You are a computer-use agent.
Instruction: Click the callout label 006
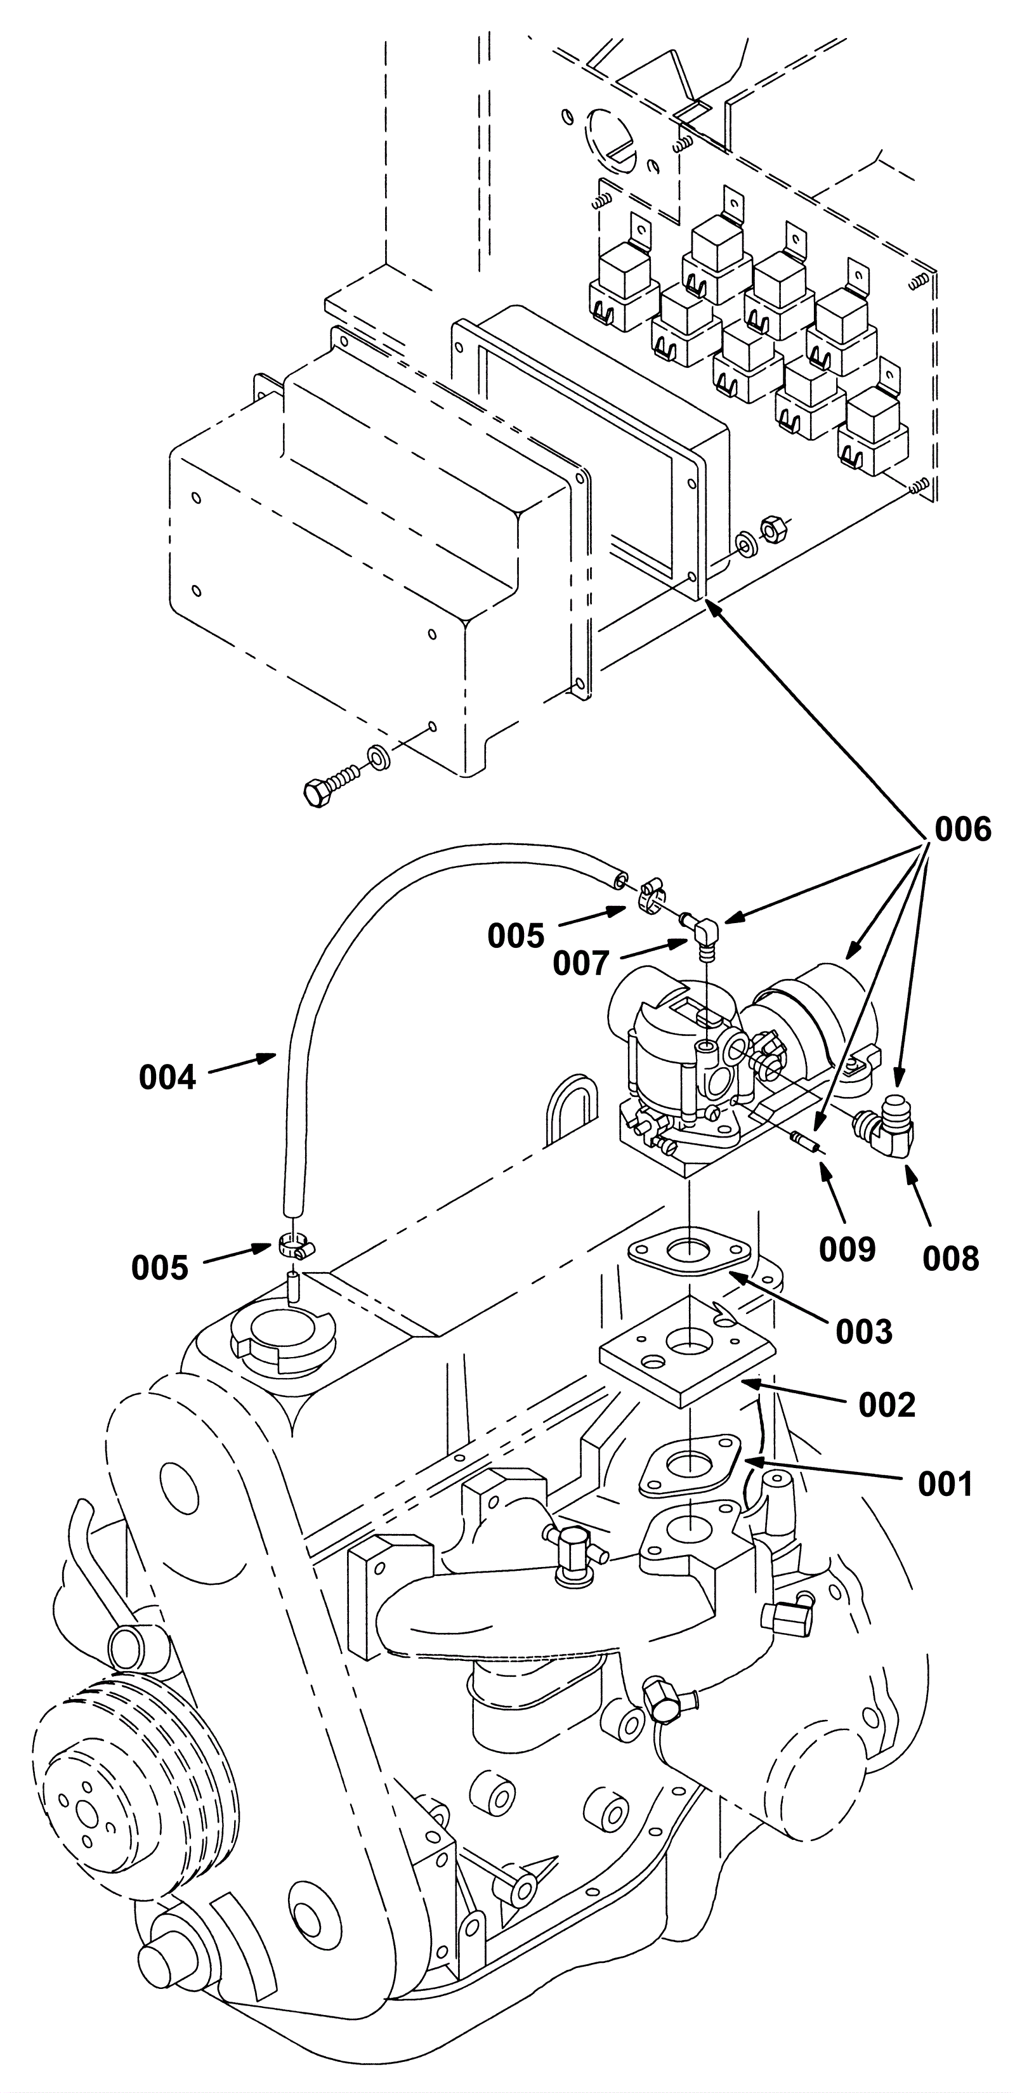[963, 830]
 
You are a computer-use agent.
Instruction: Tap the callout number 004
[167, 1077]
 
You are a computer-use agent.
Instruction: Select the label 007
[581, 964]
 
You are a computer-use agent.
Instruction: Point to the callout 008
[951, 1259]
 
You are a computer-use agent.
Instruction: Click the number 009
[848, 1250]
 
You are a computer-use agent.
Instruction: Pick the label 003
[865, 1332]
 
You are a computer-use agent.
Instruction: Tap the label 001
[945, 1485]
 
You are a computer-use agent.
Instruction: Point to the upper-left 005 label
[516, 936]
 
